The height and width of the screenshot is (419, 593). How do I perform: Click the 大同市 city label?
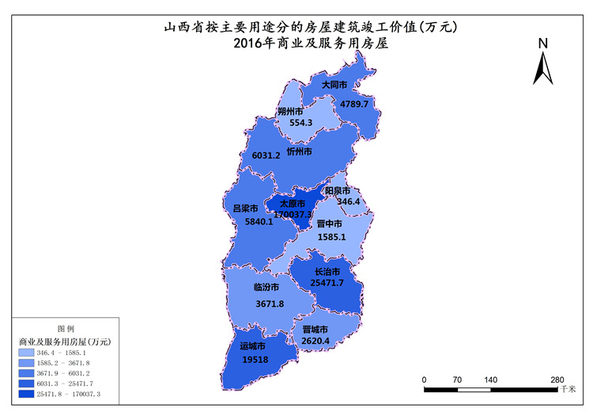pyautogui.click(x=334, y=84)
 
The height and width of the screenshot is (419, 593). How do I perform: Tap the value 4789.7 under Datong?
pyautogui.click(x=354, y=104)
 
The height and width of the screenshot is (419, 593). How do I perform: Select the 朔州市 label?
pyautogui.click(x=291, y=111)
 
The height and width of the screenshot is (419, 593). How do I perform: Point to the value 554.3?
pyautogui.click(x=300, y=123)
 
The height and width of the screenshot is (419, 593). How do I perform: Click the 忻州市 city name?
pyautogui.click(x=300, y=151)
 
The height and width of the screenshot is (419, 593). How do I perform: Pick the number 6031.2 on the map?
pyautogui.click(x=266, y=156)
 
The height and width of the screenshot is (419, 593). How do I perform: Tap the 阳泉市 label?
pyautogui.click(x=338, y=191)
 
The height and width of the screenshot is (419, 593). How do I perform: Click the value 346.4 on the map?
pyautogui.click(x=348, y=202)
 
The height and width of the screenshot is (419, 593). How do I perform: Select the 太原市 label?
pyautogui.click(x=293, y=203)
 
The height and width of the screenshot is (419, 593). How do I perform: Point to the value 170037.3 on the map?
pyautogui.click(x=293, y=214)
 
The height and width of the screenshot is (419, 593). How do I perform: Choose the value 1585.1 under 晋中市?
pyautogui.click(x=331, y=236)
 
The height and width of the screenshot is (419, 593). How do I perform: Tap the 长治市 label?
pyautogui.click(x=327, y=271)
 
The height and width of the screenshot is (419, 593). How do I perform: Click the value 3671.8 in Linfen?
pyautogui.click(x=269, y=304)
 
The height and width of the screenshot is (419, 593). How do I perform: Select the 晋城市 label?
pyautogui.click(x=315, y=330)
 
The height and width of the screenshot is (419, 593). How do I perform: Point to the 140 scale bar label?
pyautogui.click(x=490, y=380)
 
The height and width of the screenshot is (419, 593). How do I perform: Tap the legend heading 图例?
pyautogui.click(x=66, y=328)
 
